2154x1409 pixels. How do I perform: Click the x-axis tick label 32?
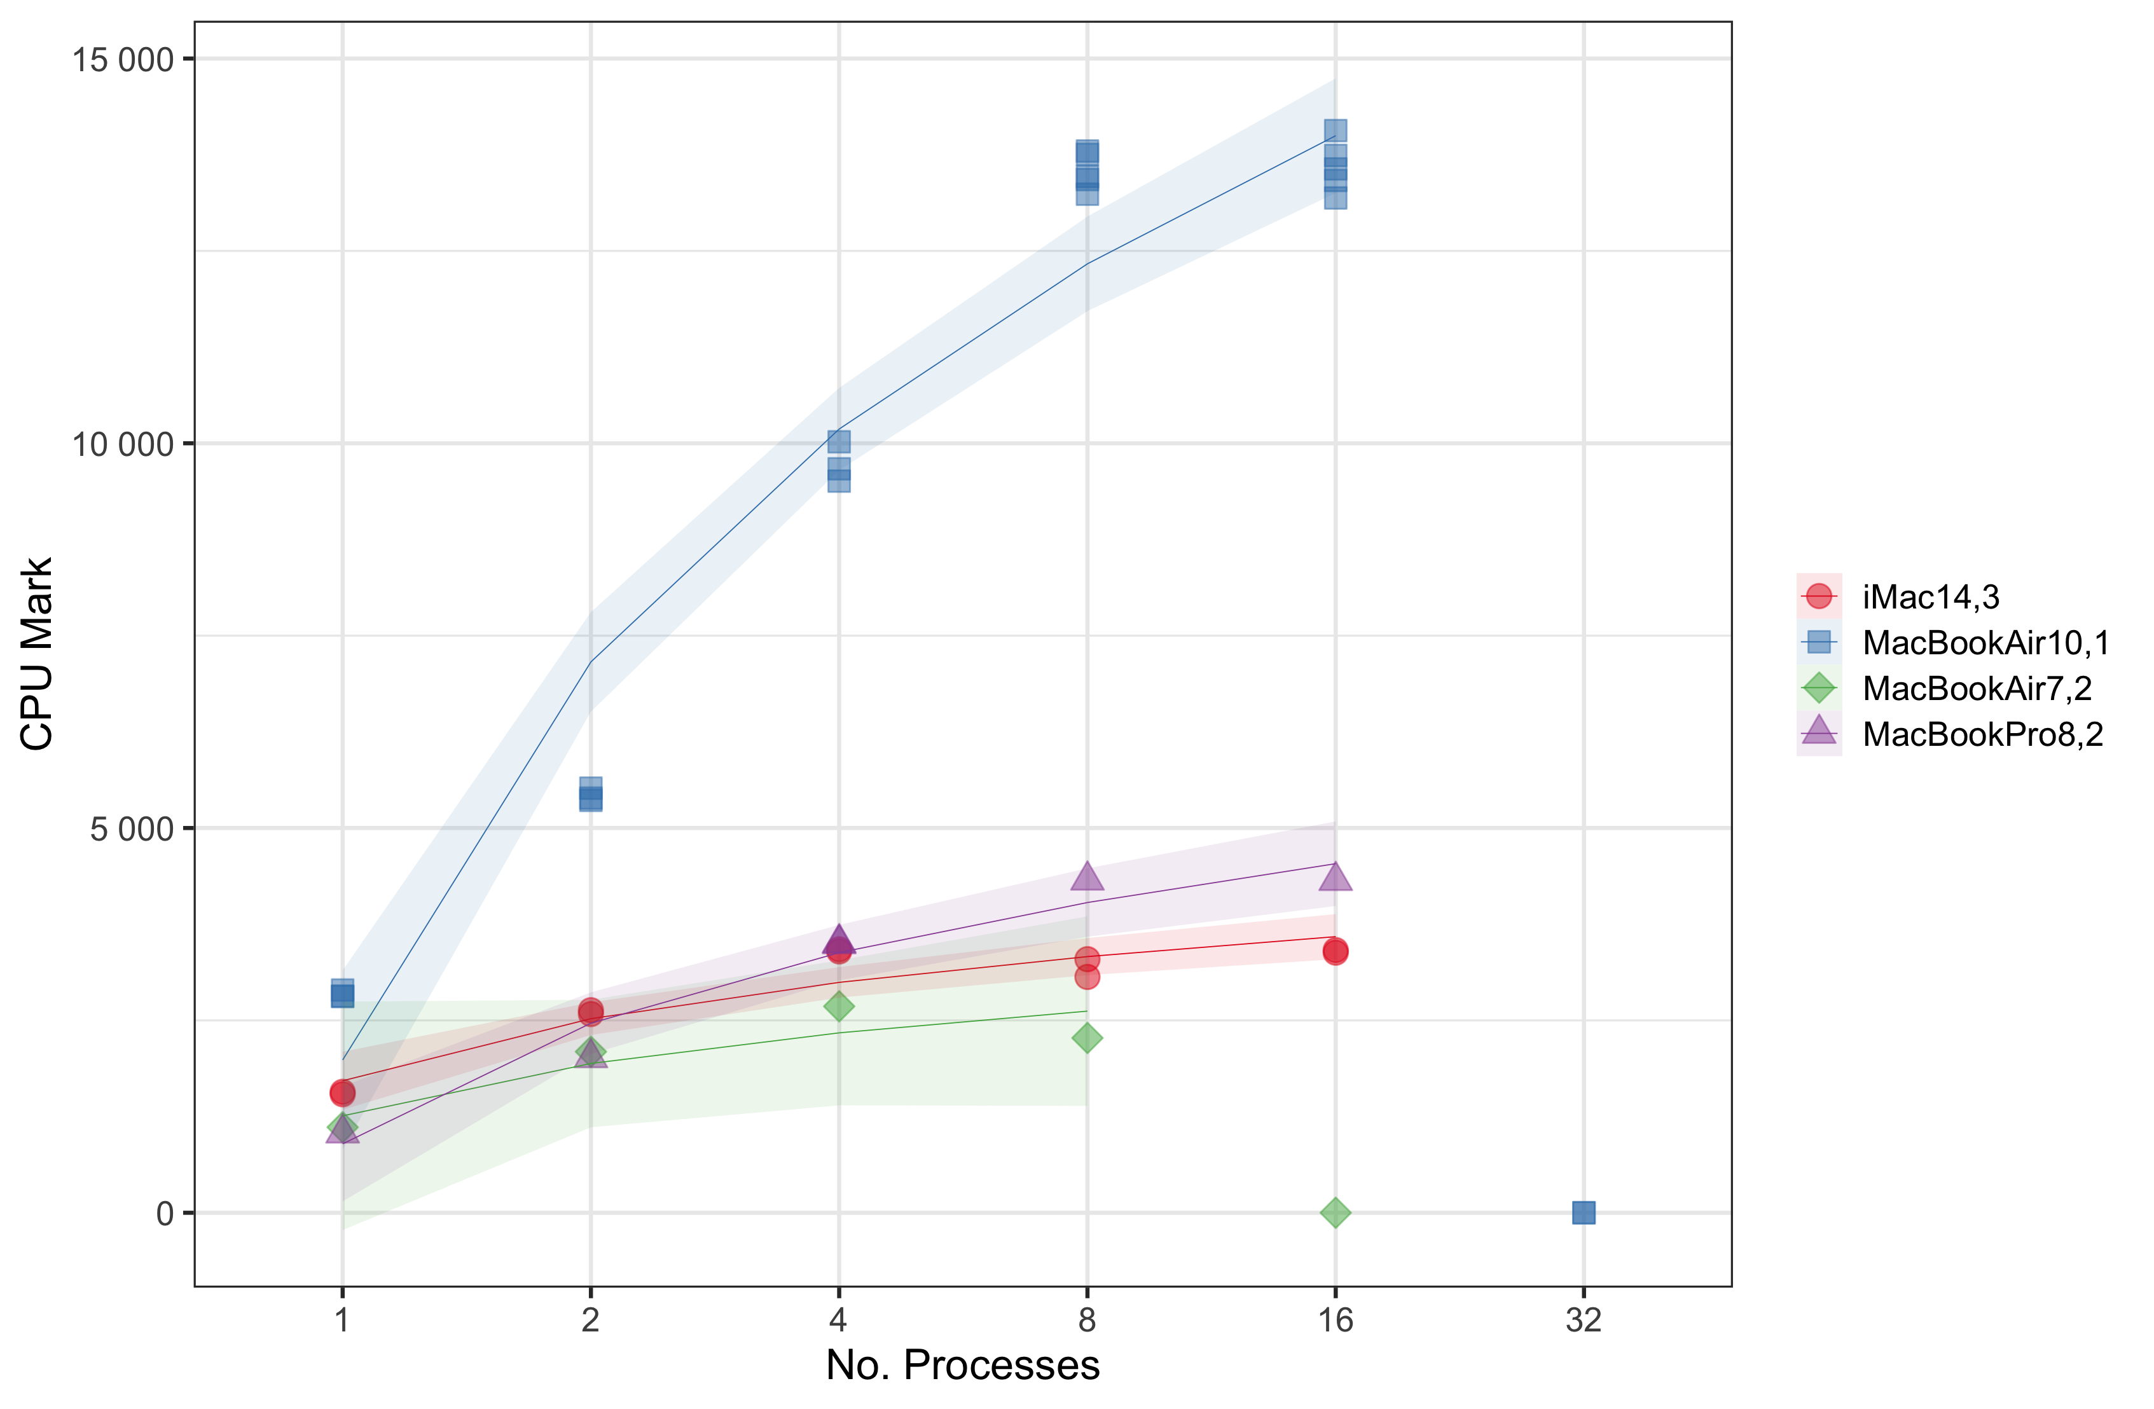point(1583,1321)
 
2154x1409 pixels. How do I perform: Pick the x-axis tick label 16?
point(1335,1321)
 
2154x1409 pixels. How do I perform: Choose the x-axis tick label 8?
point(1087,1321)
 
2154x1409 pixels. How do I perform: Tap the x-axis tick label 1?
point(342,1321)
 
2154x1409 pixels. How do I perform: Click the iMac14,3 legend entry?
point(1930,597)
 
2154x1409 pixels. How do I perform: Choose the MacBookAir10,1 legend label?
point(1985,643)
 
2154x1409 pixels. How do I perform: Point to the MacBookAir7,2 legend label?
point(1977,689)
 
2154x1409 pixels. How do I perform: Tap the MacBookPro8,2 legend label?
point(1982,734)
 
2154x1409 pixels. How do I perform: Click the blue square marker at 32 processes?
point(1583,1213)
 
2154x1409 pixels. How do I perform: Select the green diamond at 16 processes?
point(1335,1213)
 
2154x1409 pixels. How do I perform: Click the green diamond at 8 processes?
point(1087,1038)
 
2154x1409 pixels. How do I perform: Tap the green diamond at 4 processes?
point(839,1005)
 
